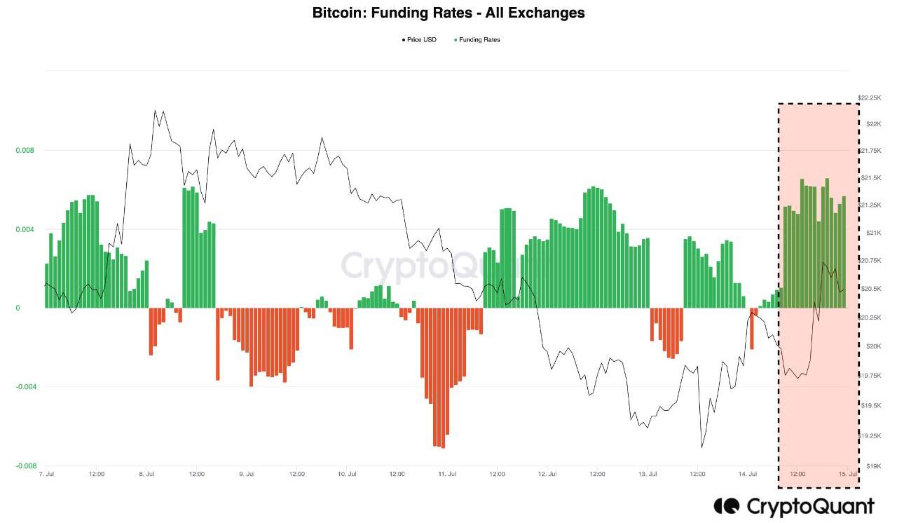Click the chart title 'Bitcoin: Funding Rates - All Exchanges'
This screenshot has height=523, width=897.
[x=448, y=13]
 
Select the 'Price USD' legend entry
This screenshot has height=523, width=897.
[x=421, y=40]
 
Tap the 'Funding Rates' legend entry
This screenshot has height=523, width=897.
[x=479, y=40]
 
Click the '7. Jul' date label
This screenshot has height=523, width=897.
[x=47, y=475]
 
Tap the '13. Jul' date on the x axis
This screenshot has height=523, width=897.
[x=648, y=475]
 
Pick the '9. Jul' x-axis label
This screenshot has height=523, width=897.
[x=247, y=475]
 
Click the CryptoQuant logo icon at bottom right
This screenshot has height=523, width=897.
[x=727, y=505]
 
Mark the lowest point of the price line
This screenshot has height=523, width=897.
[x=701, y=447]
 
